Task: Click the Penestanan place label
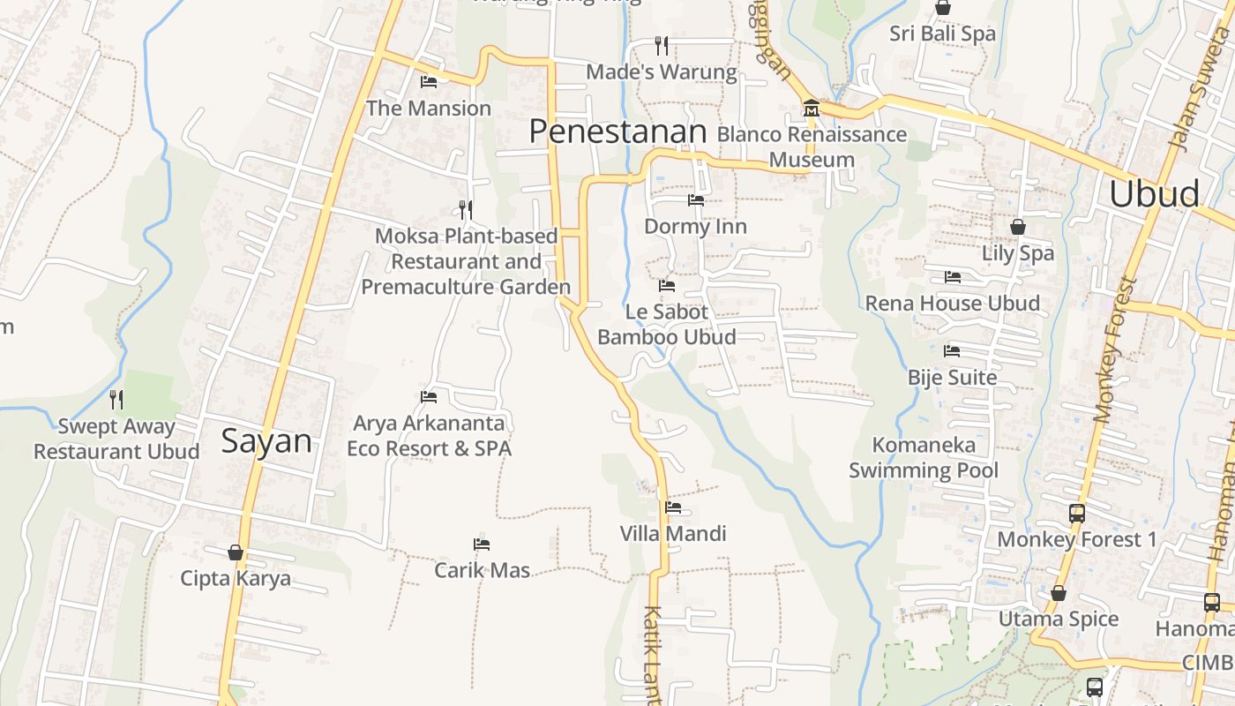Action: tap(617, 131)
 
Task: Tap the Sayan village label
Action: tap(266, 440)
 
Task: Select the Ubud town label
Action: tap(1154, 193)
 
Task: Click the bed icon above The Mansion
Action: tap(429, 82)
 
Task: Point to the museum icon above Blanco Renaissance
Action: tap(811, 109)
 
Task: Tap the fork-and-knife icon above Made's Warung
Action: tap(662, 45)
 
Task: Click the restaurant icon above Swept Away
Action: tap(116, 399)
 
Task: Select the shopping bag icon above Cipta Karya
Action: tap(236, 552)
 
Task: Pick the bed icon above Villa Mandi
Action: tap(673, 507)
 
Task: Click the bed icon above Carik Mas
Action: tap(482, 544)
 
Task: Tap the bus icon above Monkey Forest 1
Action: tap(1076, 513)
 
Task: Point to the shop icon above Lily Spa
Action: tap(1018, 227)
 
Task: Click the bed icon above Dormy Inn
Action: tap(696, 200)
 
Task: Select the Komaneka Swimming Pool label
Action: tap(924, 457)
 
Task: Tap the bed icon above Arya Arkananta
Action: tap(429, 397)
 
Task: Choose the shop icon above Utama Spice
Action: tap(1059, 593)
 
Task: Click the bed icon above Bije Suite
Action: tap(952, 351)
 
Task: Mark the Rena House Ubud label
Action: tap(952, 303)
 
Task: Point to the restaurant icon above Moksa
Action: tap(466, 209)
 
